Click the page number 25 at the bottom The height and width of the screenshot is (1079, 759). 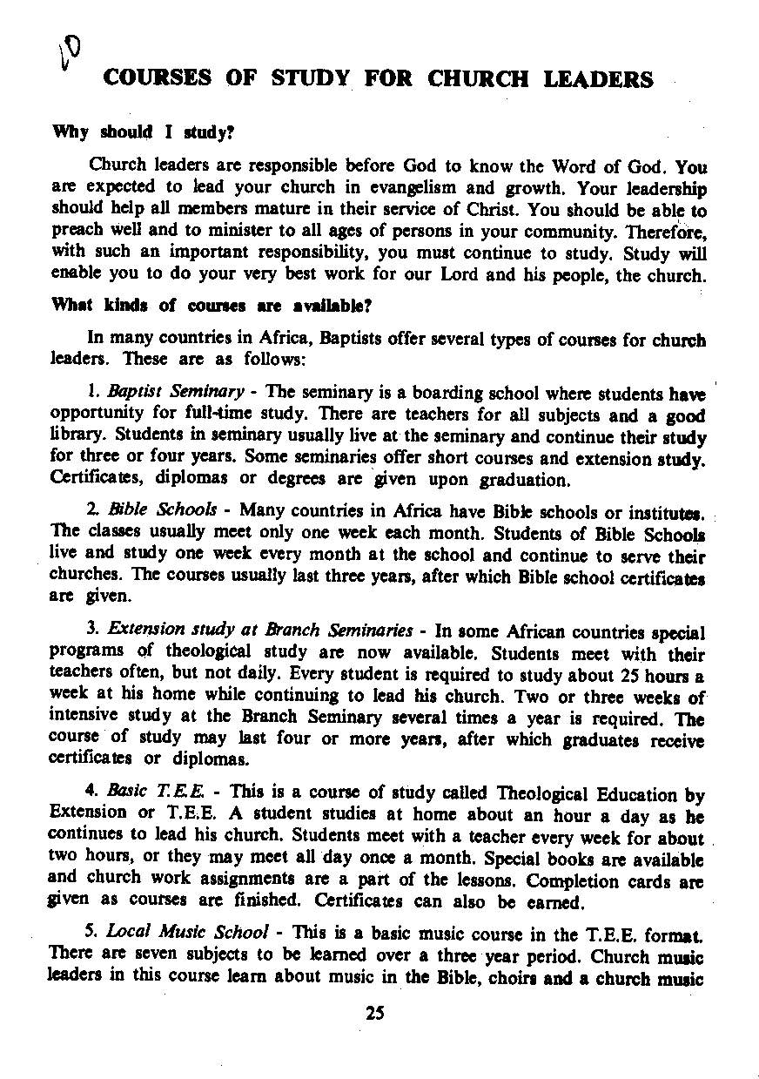click(375, 1013)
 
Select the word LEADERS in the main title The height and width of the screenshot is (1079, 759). click(598, 80)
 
